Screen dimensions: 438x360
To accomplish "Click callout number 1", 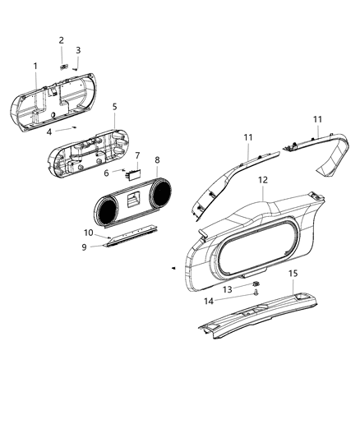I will click(x=35, y=66).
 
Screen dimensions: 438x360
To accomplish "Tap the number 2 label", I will click(x=61, y=40).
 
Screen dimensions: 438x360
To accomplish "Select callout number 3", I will click(x=78, y=50).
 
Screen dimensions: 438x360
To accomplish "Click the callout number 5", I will click(x=114, y=107).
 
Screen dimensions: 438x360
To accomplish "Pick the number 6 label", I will click(x=106, y=173).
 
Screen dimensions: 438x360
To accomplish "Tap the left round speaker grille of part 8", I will click(x=106, y=212).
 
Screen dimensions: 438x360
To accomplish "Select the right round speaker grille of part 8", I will click(x=159, y=194).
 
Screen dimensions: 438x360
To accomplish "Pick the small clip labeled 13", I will click(x=256, y=284).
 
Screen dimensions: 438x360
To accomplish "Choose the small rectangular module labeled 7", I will click(x=132, y=173).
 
